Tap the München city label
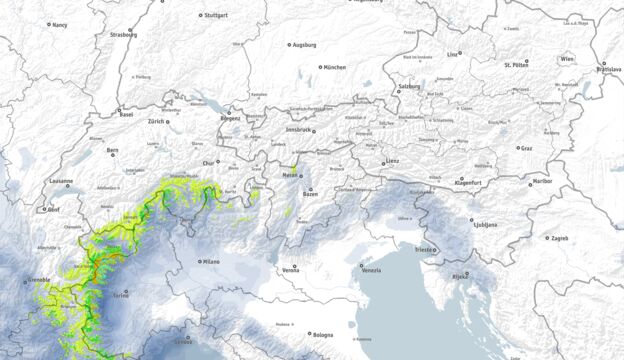334,67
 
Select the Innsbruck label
301,129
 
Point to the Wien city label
568,60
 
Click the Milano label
211,261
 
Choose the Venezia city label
371,271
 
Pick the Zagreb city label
559,238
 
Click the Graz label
526,147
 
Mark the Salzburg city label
410,87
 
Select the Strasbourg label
117,33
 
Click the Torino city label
122,296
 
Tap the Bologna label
323,335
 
